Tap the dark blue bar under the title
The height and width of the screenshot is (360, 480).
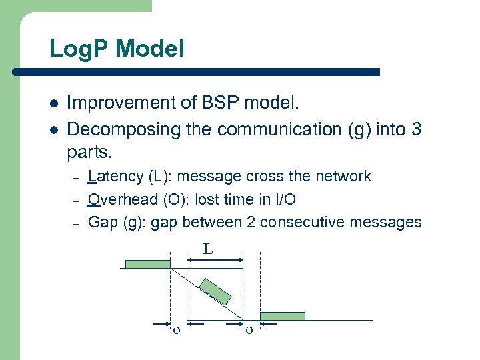pos(213,71)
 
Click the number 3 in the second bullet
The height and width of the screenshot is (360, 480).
pos(416,129)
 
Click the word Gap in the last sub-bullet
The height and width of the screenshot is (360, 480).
pos(103,222)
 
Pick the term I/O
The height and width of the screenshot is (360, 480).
pos(283,199)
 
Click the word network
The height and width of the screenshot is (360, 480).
pos(342,177)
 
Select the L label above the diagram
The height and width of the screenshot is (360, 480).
pos(208,250)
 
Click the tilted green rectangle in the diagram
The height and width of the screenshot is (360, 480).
pos(215,291)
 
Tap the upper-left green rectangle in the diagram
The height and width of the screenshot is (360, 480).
pos(148,264)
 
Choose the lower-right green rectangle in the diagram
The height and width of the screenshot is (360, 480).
pos(282,316)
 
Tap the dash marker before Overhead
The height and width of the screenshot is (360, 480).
pos(76,200)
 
